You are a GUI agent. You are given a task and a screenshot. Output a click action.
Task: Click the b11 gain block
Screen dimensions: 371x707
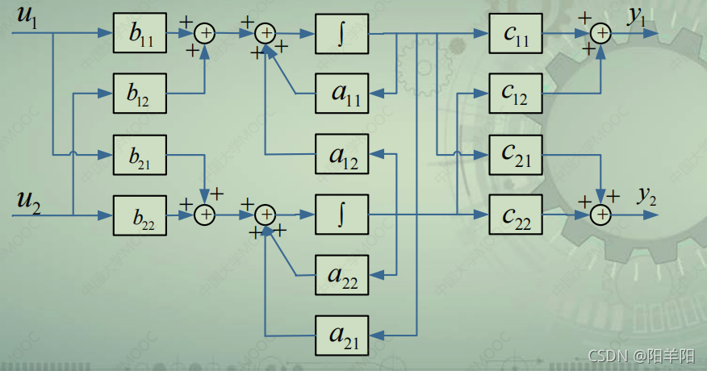point(140,34)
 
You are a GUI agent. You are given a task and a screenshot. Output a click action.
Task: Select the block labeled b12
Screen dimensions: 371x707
point(140,94)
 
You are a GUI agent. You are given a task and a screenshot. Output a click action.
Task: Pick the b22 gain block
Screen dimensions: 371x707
point(140,215)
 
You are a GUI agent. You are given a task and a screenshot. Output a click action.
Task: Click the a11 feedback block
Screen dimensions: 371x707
point(341,94)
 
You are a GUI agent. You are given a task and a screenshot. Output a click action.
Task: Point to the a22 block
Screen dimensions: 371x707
point(341,276)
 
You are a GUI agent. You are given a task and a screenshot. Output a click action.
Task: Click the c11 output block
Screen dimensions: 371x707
point(515,34)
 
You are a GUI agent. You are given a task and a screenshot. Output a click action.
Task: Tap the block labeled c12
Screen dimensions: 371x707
point(515,94)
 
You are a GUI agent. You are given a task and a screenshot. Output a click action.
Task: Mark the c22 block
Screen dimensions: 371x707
point(515,215)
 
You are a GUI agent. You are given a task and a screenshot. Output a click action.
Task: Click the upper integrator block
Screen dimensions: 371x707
point(341,34)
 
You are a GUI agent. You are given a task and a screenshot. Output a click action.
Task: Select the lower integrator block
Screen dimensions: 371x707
point(341,215)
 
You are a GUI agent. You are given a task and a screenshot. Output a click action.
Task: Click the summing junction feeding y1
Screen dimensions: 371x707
point(600,33)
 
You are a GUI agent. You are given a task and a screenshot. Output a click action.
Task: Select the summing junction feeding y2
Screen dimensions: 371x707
point(600,215)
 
